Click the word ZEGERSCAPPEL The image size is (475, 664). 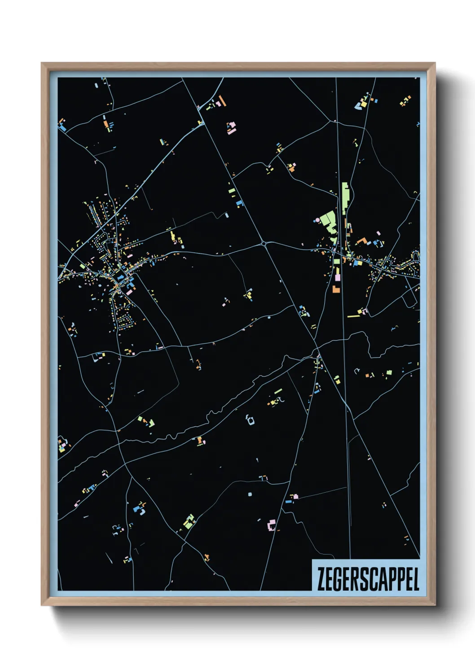pyautogui.click(x=368, y=579)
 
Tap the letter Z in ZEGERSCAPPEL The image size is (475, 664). pyautogui.click(x=321, y=579)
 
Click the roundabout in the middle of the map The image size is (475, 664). pyautogui.click(x=264, y=244)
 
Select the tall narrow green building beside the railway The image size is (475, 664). pyautogui.click(x=345, y=198)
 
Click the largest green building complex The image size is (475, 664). pyautogui.click(x=330, y=222)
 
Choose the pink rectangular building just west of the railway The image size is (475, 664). pyautogui.click(x=337, y=277)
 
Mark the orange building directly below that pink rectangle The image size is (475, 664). pyautogui.click(x=335, y=289)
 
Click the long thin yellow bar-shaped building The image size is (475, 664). pyautogui.click(x=353, y=316)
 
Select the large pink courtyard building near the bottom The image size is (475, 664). pyautogui.click(x=271, y=524)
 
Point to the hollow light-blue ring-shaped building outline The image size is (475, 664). pyautogui.click(x=250, y=420)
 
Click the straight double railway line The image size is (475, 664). pyautogui.click(x=343, y=314)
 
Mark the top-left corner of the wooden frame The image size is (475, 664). pyautogui.click(x=42, y=63)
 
